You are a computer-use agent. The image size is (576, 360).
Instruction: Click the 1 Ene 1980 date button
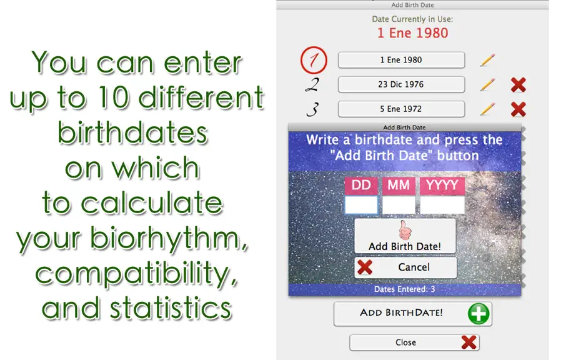pyautogui.click(x=401, y=60)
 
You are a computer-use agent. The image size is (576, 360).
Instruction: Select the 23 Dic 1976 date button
pyautogui.click(x=401, y=84)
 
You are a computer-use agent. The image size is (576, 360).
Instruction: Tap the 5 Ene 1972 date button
pyautogui.click(x=401, y=109)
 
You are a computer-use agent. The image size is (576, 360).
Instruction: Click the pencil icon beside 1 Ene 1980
pyautogui.click(x=487, y=60)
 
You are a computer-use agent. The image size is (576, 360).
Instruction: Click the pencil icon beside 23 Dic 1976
pyautogui.click(x=487, y=85)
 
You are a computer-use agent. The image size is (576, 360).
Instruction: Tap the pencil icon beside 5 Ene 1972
pyautogui.click(x=487, y=109)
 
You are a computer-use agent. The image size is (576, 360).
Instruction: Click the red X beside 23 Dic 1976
pyautogui.click(x=519, y=85)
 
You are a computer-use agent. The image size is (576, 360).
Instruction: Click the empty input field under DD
pyautogui.click(x=361, y=205)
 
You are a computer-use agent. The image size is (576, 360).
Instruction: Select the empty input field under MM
pyautogui.click(x=399, y=205)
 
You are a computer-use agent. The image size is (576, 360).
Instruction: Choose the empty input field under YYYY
pyautogui.click(x=442, y=205)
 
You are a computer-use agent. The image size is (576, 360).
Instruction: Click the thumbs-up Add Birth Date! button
pyautogui.click(x=405, y=236)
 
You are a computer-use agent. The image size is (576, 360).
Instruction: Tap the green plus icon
pyautogui.click(x=479, y=314)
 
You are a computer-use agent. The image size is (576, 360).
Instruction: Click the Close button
pyautogui.click(x=414, y=342)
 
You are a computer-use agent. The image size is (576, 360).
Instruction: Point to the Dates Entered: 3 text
pyautogui.click(x=404, y=289)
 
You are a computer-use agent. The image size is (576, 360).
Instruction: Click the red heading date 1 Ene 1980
pyautogui.click(x=412, y=33)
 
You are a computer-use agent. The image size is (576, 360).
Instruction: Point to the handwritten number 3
pyautogui.click(x=312, y=109)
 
